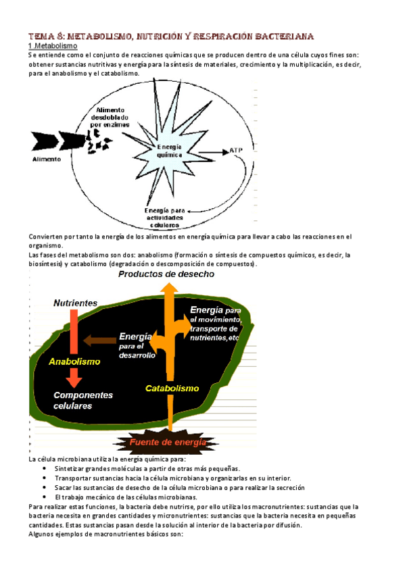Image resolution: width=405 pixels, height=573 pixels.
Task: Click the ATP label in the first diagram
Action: pos(236,150)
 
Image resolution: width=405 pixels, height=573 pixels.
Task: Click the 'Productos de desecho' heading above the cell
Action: pos(166,274)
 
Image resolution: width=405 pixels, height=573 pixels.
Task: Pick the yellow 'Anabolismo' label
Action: pos(74,362)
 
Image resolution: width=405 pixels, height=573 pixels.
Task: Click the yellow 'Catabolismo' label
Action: pos(172,389)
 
